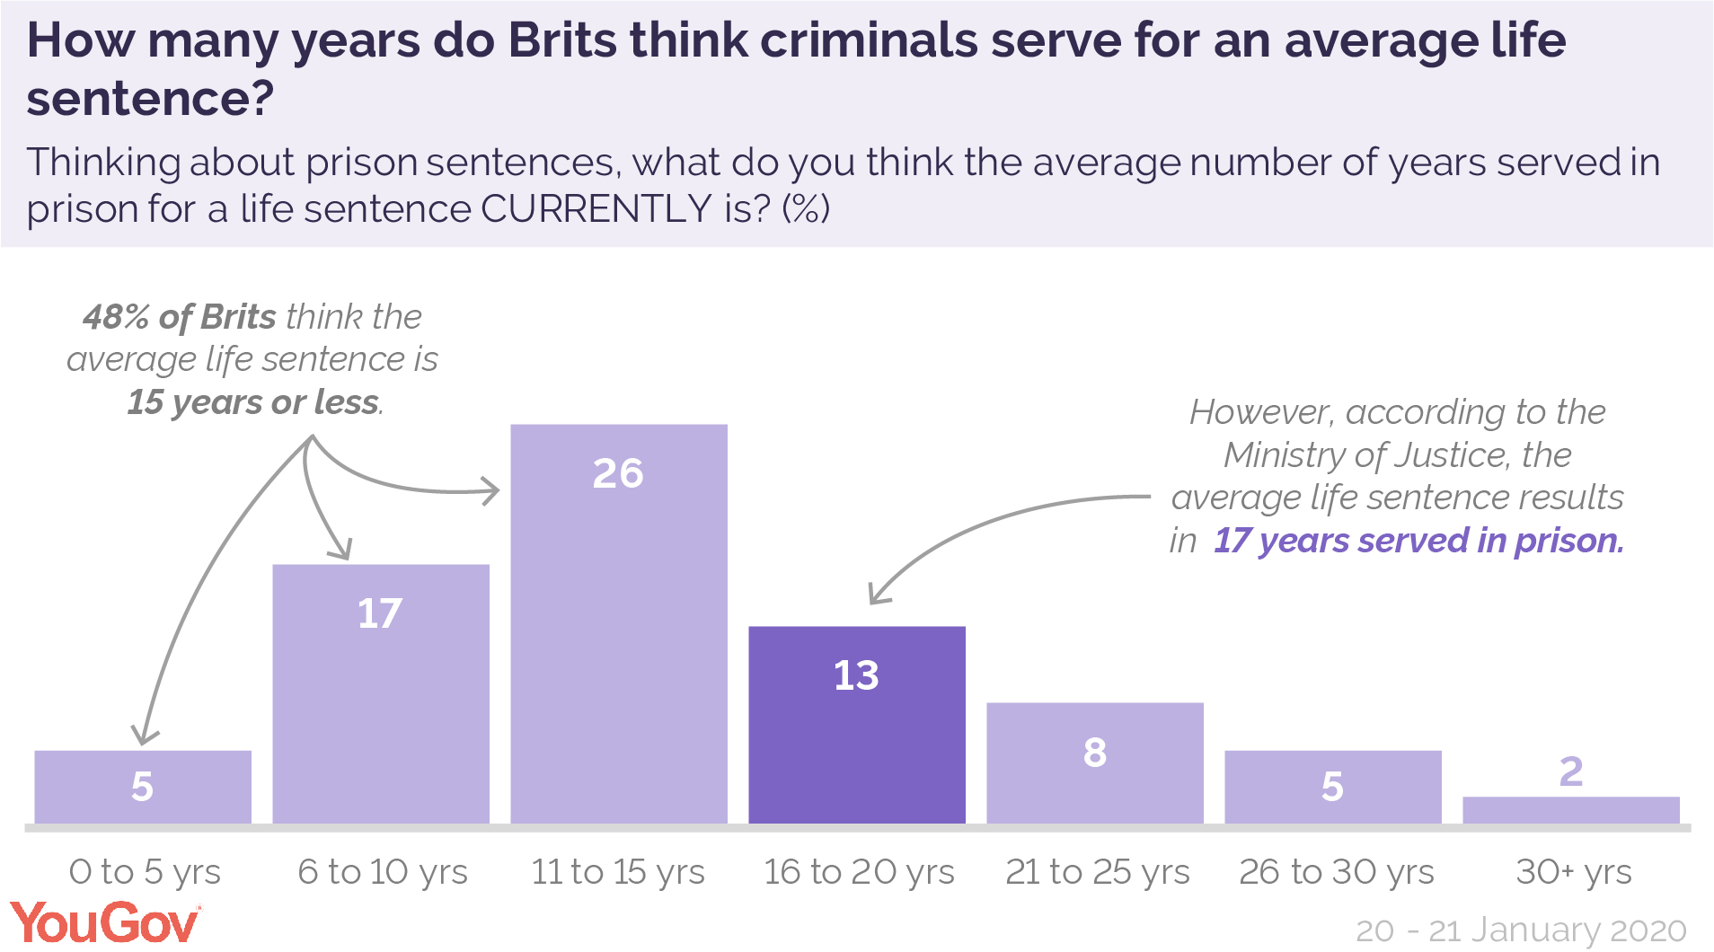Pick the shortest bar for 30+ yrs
pos(1570,809)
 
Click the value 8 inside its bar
pos(1094,753)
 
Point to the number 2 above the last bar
pos(1570,771)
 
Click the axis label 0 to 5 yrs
pos(145,871)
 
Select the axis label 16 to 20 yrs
pos(858,871)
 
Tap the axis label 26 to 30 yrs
pos(1336,871)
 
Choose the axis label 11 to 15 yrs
pos(618,871)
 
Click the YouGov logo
pos(105,923)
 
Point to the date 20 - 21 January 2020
pos(1520,930)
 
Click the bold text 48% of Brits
pos(180,317)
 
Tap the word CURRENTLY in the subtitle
pos(596,209)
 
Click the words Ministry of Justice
pos(1365,455)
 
